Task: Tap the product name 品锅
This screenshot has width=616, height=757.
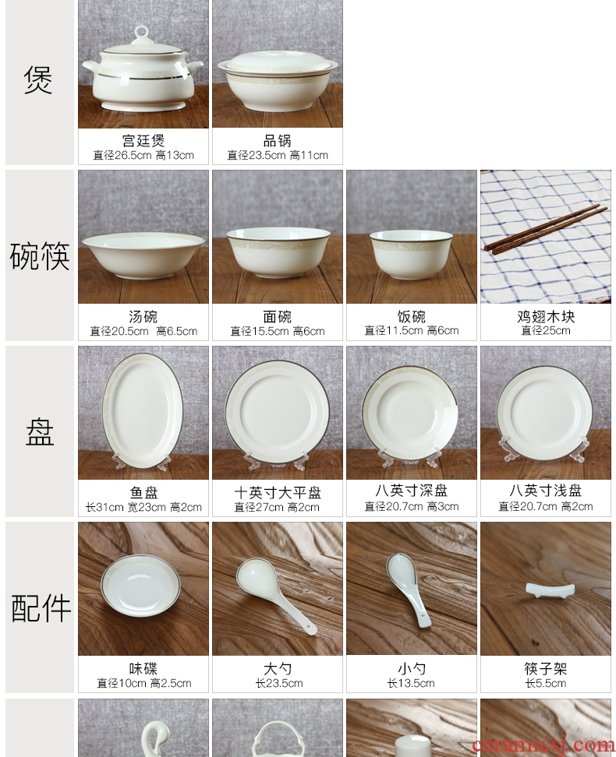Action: [x=278, y=140]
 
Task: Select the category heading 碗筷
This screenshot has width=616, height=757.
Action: [x=40, y=256]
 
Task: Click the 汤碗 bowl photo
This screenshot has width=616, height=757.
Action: [x=143, y=255]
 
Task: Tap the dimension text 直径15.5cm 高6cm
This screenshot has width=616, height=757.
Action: [x=278, y=331]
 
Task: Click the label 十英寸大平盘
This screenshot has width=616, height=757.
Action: [x=278, y=492]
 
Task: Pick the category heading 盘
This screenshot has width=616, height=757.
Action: [x=40, y=432]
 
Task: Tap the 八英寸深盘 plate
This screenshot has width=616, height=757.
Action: [x=411, y=410]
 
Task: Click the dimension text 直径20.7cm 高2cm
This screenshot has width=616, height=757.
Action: [x=545, y=506]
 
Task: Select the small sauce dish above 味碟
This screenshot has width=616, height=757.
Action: [x=143, y=584]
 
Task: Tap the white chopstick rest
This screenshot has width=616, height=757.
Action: [x=544, y=590]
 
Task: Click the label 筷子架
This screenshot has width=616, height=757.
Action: [x=545, y=669]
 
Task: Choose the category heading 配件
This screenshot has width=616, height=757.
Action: [x=41, y=607]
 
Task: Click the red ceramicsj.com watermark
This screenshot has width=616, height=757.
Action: [x=543, y=746]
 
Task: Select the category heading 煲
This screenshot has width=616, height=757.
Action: [x=38, y=79]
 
